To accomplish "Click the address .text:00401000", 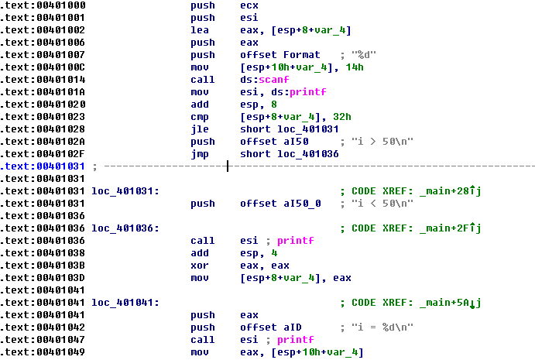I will pyautogui.click(x=43, y=5).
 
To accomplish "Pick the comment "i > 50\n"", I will pyautogui.click(x=377, y=142).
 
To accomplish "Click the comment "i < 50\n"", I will pyautogui.click(x=377, y=204).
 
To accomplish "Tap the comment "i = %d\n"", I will pyautogui.click(x=377, y=327).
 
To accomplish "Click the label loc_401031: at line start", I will pyautogui.click(x=125, y=191).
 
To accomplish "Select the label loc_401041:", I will pyautogui.click(x=125, y=303).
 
